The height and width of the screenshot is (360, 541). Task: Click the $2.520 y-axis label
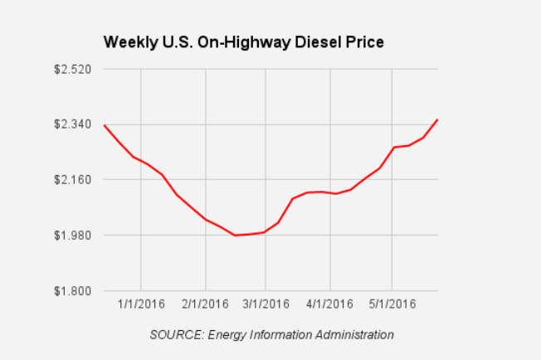tap(72, 69)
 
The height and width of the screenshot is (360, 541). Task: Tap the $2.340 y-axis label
tap(72, 124)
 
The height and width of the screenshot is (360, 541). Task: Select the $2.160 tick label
tap(72, 179)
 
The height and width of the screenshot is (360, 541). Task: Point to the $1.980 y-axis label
tap(72, 235)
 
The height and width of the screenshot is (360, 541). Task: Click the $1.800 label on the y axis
tap(72, 290)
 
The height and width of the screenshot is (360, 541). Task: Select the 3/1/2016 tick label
tap(266, 304)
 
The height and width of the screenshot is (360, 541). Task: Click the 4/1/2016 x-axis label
tap(329, 304)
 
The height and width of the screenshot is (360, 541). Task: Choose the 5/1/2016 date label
tap(392, 304)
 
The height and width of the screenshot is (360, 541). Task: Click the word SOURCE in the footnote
tap(175, 334)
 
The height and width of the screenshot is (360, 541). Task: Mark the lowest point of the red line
tap(235, 236)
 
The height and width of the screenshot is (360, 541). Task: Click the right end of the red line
tap(437, 119)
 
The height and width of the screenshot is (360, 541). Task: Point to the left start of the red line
tap(104, 125)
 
